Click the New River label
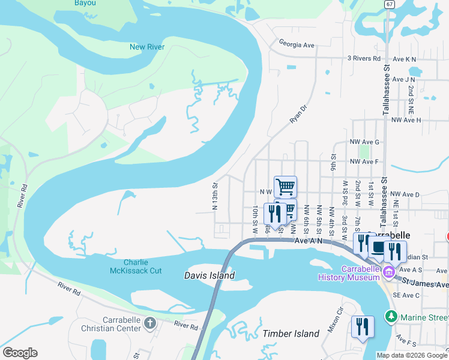[x=147, y=47]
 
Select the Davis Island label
[x=209, y=275]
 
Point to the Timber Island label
[x=291, y=334]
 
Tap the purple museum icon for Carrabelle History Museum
[x=388, y=272]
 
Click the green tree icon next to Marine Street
[x=391, y=316]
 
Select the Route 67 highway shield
[x=390, y=4]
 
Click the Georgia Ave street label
[x=297, y=44]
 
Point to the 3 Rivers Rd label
[x=364, y=59]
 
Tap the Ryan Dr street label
[x=298, y=113]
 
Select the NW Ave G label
[x=364, y=142]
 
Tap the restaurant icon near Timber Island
[x=363, y=327]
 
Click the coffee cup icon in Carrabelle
[x=379, y=248]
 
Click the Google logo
[x=20, y=353]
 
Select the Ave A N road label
[x=309, y=241]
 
